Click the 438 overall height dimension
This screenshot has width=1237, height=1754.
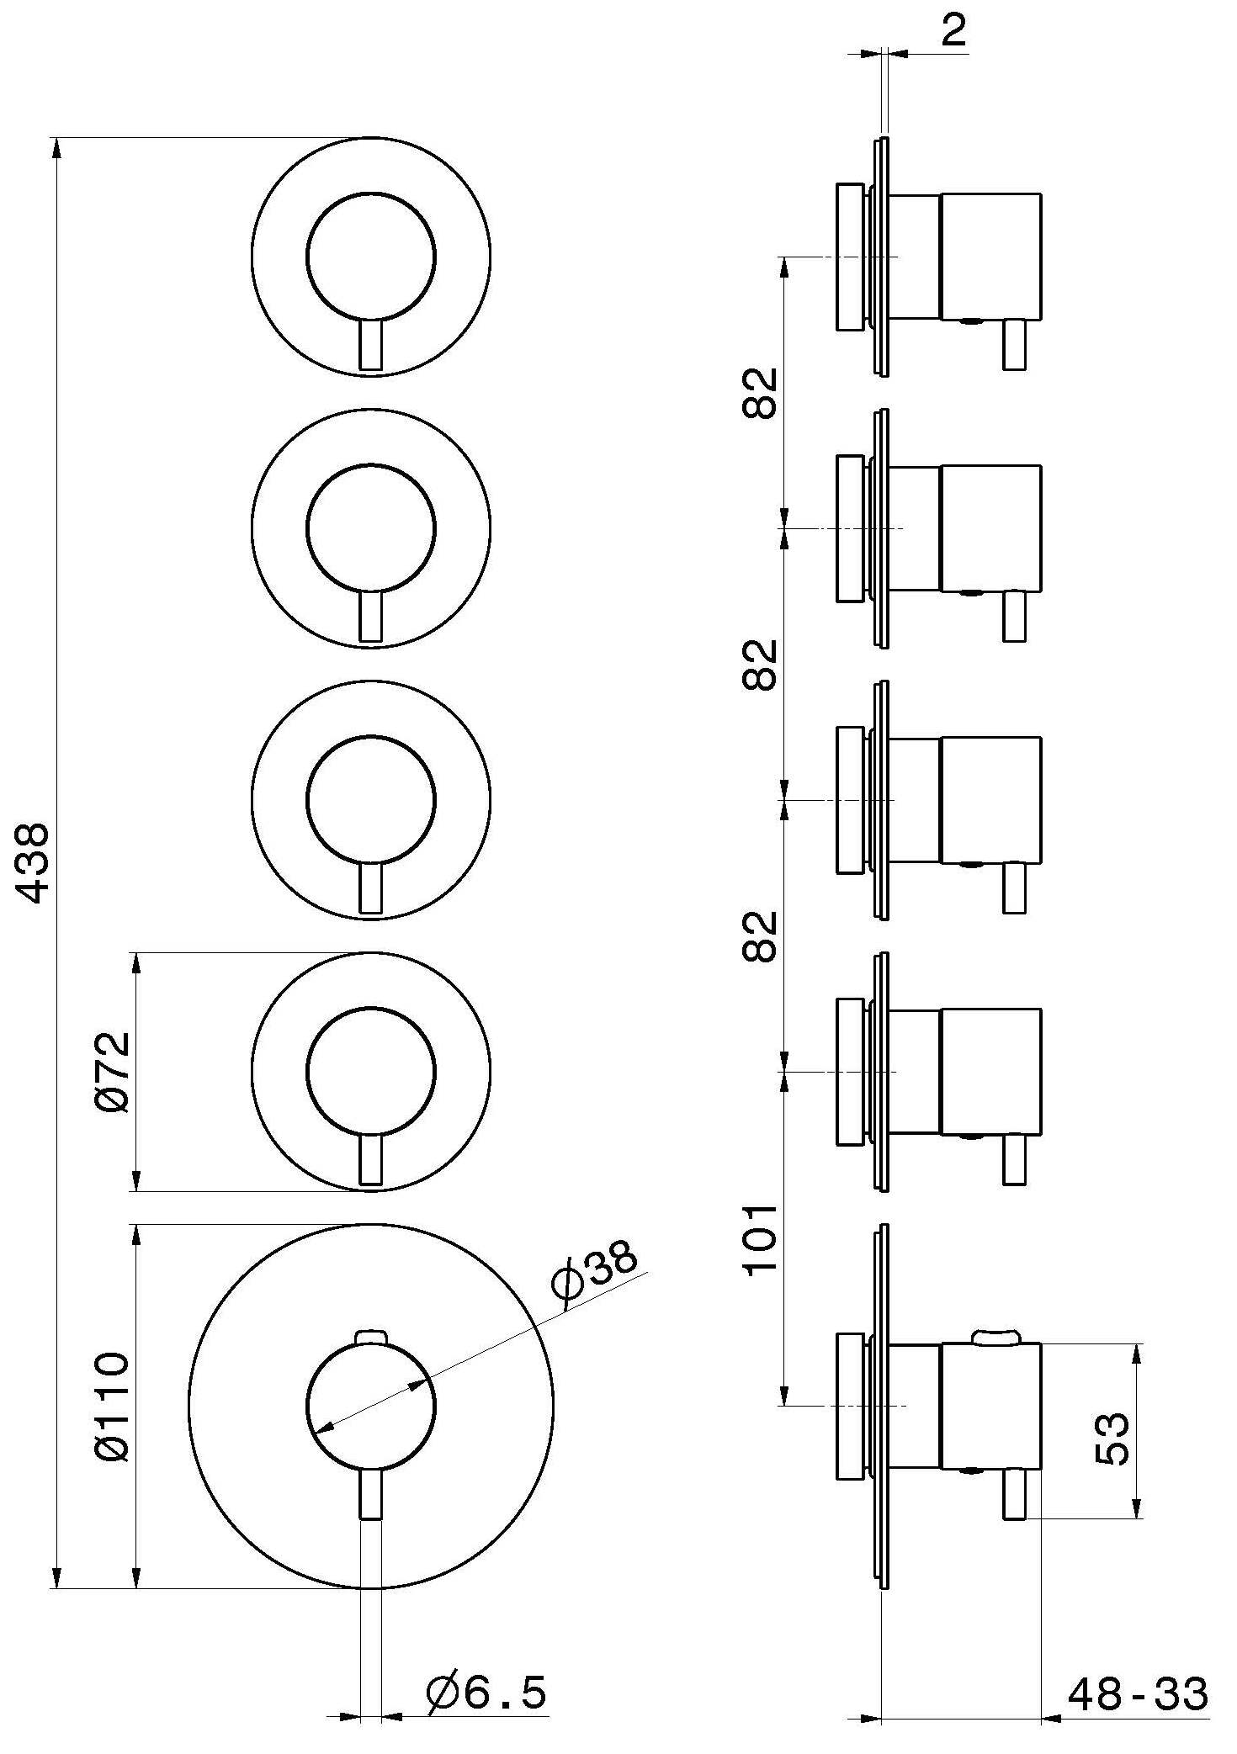point(35,864)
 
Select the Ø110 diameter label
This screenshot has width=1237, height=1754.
point(113,1407)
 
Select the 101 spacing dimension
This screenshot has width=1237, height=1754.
point(761,1239)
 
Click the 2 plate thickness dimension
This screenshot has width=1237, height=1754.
point(953,32)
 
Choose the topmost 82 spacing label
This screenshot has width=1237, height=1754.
point(761,393)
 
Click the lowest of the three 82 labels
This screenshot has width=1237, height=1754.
point(761,935)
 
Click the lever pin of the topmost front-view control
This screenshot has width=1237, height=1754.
point(371,345)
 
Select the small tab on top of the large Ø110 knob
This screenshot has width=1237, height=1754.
point(371,1337)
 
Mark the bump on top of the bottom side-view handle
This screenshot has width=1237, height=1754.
point(995,1336)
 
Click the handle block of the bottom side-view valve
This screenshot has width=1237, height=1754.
point(990,1406)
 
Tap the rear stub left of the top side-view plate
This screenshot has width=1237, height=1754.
point(850,257)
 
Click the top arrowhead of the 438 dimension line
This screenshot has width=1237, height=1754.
point(56,146)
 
